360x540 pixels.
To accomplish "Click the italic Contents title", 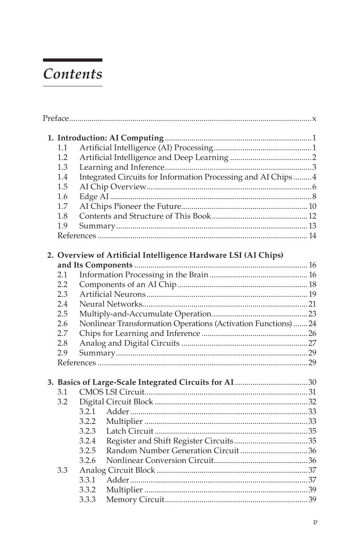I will (72, 74).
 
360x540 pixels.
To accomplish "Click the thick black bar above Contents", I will (72, 60).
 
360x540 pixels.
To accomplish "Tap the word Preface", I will (56, 119).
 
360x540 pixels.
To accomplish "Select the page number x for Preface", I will (314, 119).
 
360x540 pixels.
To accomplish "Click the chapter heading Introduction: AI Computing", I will (110, 138).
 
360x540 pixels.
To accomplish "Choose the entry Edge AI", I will (94, 197).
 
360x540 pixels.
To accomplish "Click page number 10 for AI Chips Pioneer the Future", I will (312, 206).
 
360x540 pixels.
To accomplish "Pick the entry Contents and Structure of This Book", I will (145, 216).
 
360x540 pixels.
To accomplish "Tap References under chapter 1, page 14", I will (77, 236).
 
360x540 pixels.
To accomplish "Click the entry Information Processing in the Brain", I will (144, 275).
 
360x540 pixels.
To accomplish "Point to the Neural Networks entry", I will (110, 304).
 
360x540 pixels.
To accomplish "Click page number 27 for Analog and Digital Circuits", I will (312, 343).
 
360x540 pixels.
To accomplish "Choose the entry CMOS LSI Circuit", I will (112, 392).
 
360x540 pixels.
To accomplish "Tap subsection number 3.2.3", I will (87, 431).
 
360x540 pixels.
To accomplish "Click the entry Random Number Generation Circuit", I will (172, 451).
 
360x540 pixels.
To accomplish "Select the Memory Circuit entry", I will (135, 500).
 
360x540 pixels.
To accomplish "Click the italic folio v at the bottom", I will (315, 522).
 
